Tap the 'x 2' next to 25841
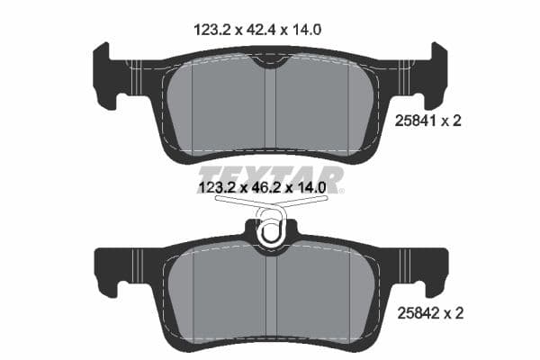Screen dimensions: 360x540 [452, 121]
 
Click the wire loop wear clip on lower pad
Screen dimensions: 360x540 [270, 232]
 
